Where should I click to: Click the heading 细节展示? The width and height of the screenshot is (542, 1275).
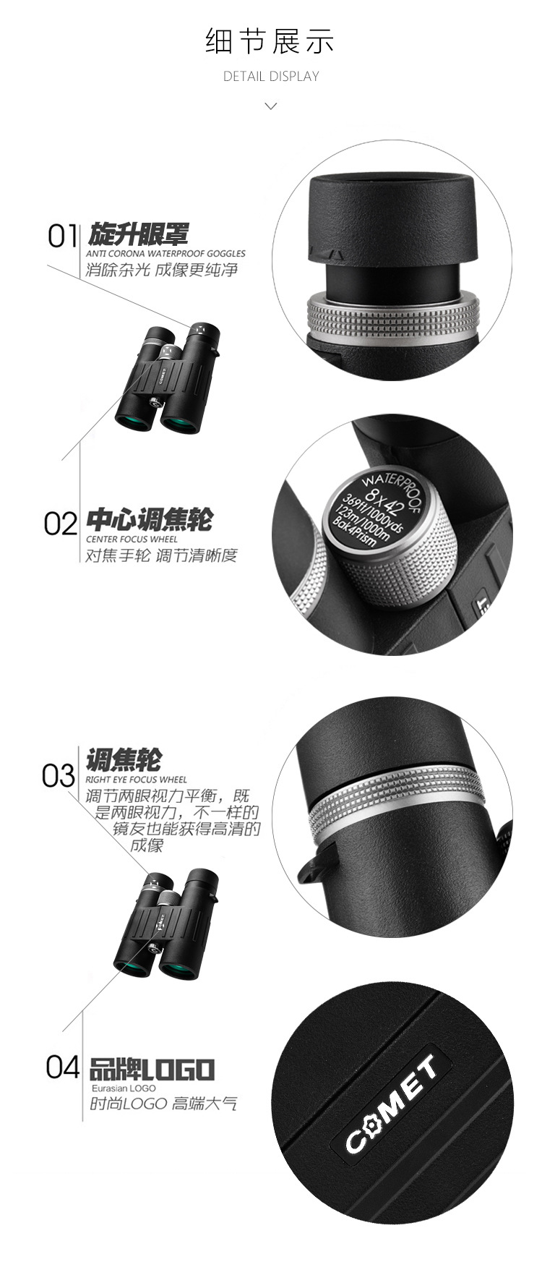pyautogui.click(x=270, y=41)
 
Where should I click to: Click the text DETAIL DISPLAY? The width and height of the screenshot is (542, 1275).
pyautogui.click(x=271, y=76)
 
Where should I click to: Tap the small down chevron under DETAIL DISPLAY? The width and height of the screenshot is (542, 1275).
pyautogui.click(x=271, y=106)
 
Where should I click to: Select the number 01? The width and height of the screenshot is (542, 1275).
pyautogui.click(x=63, y=236)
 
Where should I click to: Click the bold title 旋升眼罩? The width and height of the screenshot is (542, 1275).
pyautogui.click(x=139, y=234)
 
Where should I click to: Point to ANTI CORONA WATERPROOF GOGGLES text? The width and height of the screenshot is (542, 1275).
pyautogui.click(x=165, y=254)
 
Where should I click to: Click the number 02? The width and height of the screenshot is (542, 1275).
pyautogui.click(x=61, y=524)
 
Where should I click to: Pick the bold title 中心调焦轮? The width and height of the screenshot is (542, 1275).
pyautogui.click(x=150, y=520)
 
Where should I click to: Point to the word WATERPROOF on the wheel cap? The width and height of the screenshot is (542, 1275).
pyautogui.click(x=391, y=486)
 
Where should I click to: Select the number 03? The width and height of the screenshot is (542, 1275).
pyautogui.click(x=59, y=775)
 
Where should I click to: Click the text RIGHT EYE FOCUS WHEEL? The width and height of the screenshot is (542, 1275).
pyautogui.click(x=136, y=780)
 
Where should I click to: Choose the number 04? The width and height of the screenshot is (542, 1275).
pyautogui.click(x=63, y=1066)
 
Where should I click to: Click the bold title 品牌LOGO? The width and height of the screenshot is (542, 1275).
pyautogui.click(x=152, y=1069)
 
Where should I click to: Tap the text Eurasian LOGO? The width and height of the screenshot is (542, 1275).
pyautogui.click(x=124, y=1088)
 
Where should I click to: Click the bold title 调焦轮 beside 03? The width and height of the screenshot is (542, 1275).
pyautogui.click(x=124, y=760)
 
